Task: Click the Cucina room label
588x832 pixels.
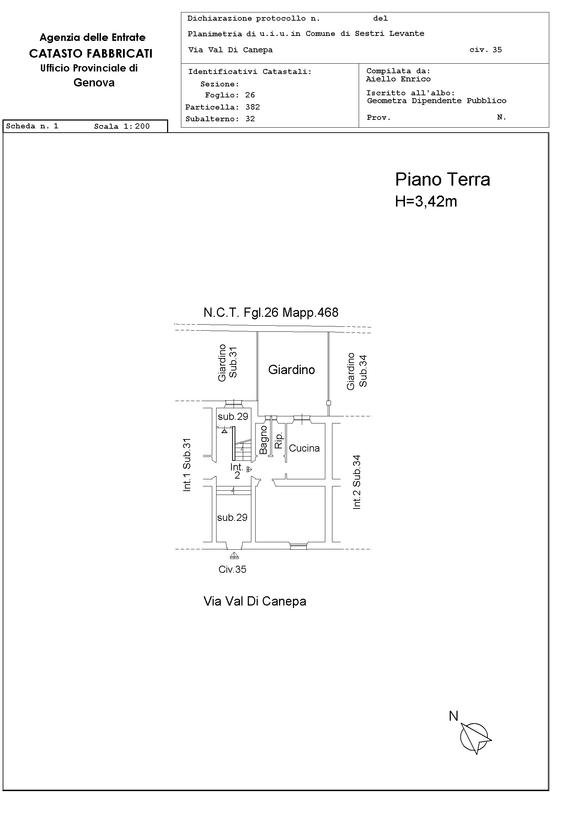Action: (304, 448)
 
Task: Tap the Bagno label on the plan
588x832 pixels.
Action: (263, 440)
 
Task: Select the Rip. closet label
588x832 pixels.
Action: (278, 441)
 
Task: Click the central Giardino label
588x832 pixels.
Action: (292, 370)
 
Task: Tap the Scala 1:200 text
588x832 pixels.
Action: (122, 126)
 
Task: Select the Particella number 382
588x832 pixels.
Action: (252, 107)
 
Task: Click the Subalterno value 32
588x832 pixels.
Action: (250, 118)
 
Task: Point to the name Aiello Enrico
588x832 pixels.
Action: (398, 79)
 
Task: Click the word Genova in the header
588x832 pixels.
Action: (94, 82)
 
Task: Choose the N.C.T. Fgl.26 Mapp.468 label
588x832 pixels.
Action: (271, 313)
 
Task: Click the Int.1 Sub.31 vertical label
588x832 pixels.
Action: (187, 465)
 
